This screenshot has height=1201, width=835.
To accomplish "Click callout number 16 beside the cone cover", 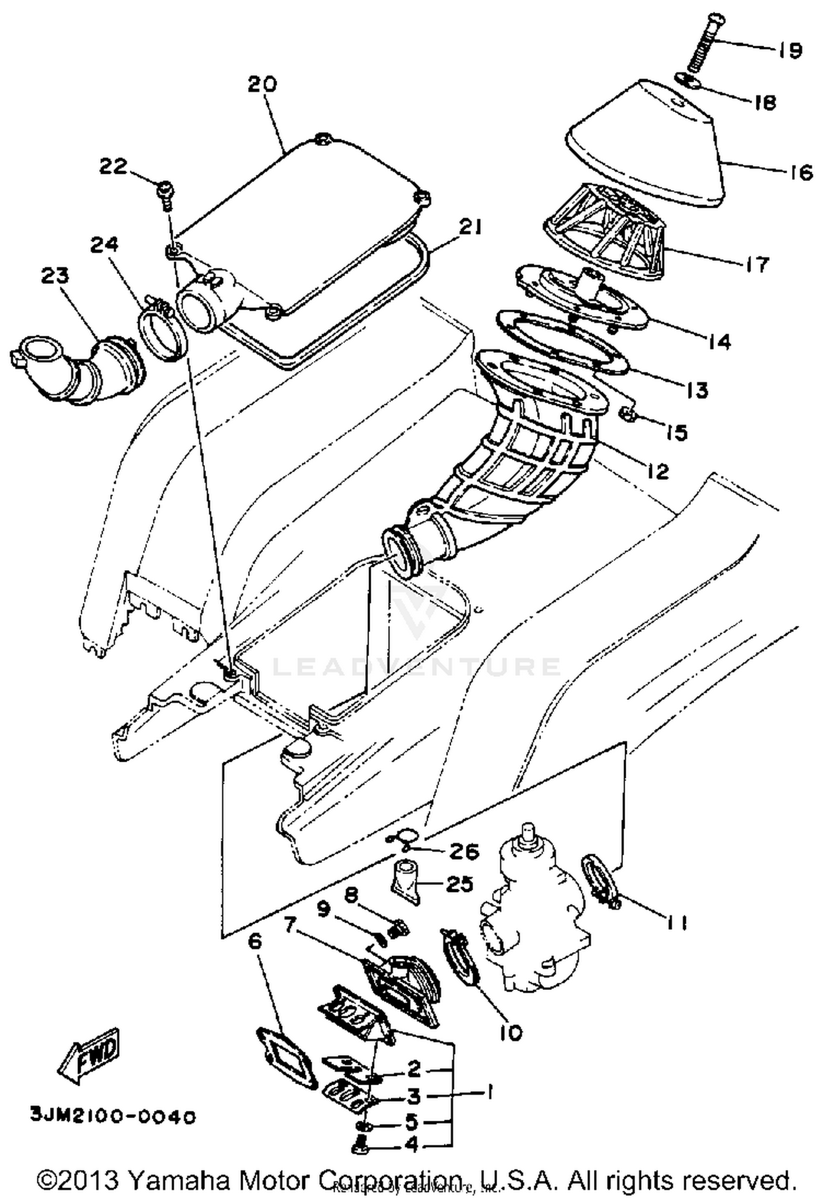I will [x=800, y=173].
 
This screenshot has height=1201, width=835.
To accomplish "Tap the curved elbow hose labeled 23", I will [x=78, y=370].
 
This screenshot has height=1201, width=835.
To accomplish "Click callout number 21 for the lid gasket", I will [x=471, y=227].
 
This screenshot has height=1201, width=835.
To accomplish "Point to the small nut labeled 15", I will [x=627, y=414].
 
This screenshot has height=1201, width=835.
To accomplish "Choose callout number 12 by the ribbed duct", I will [x=657, y=472].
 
